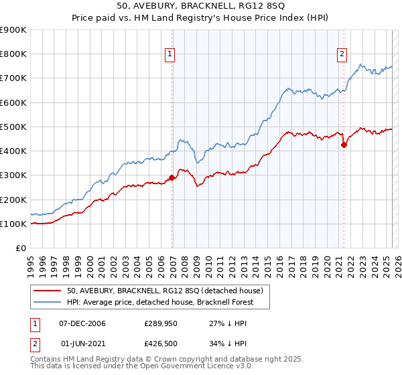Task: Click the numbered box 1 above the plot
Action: [x=171, y=55]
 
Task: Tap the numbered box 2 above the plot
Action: [x=342, y=55]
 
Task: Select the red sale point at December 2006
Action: [x=172, y=177]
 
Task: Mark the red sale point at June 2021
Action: [x=344, y=144]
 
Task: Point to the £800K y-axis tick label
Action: [x=13, y=54]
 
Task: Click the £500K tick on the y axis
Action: [x=13, y=127]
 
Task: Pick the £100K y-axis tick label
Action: [x=13, y=224]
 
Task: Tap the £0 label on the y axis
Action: [x=20, y=248]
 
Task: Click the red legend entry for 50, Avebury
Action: [x=167, y=291]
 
